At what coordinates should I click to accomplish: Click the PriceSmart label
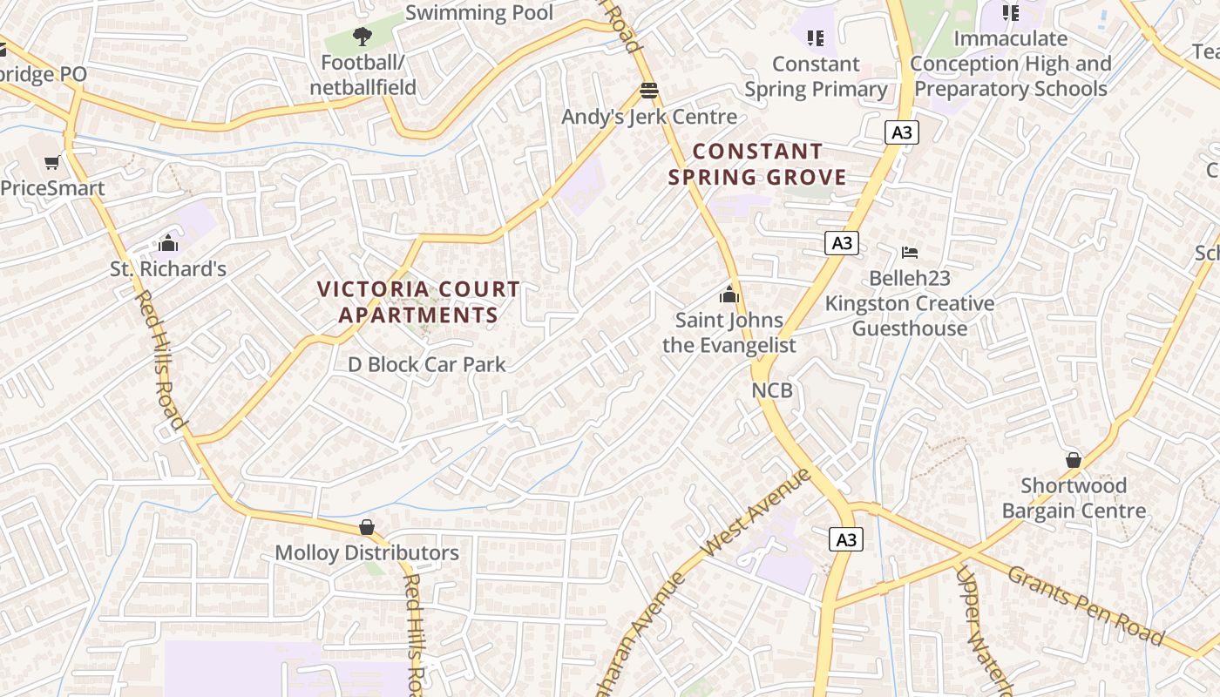(52, 188)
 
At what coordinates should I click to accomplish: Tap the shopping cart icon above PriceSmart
(52, 162)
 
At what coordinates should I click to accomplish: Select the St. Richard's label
(168, 269)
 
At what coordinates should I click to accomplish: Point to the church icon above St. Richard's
(168, 243)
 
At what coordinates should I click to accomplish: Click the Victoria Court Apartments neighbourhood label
(418, 301)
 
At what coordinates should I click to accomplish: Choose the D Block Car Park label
(427, 364)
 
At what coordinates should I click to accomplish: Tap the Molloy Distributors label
(367, 552)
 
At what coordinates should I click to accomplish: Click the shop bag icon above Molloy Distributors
(367, 527)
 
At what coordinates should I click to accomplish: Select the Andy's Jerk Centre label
(649, 117)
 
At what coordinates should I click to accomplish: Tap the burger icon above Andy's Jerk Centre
(648, 91)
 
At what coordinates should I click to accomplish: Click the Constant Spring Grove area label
(757, 165)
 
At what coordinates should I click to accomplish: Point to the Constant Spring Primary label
(816, 77)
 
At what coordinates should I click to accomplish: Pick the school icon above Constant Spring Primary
(816, 37)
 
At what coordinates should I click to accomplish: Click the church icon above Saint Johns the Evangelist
(729, 294)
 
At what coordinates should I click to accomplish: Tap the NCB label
(773, 389)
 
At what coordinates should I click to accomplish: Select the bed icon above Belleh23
(910, 253)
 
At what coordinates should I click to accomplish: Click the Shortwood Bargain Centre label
(1074, 497)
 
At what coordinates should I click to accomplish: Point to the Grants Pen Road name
(1086, 606)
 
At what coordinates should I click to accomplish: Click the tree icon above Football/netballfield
(363, 37)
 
